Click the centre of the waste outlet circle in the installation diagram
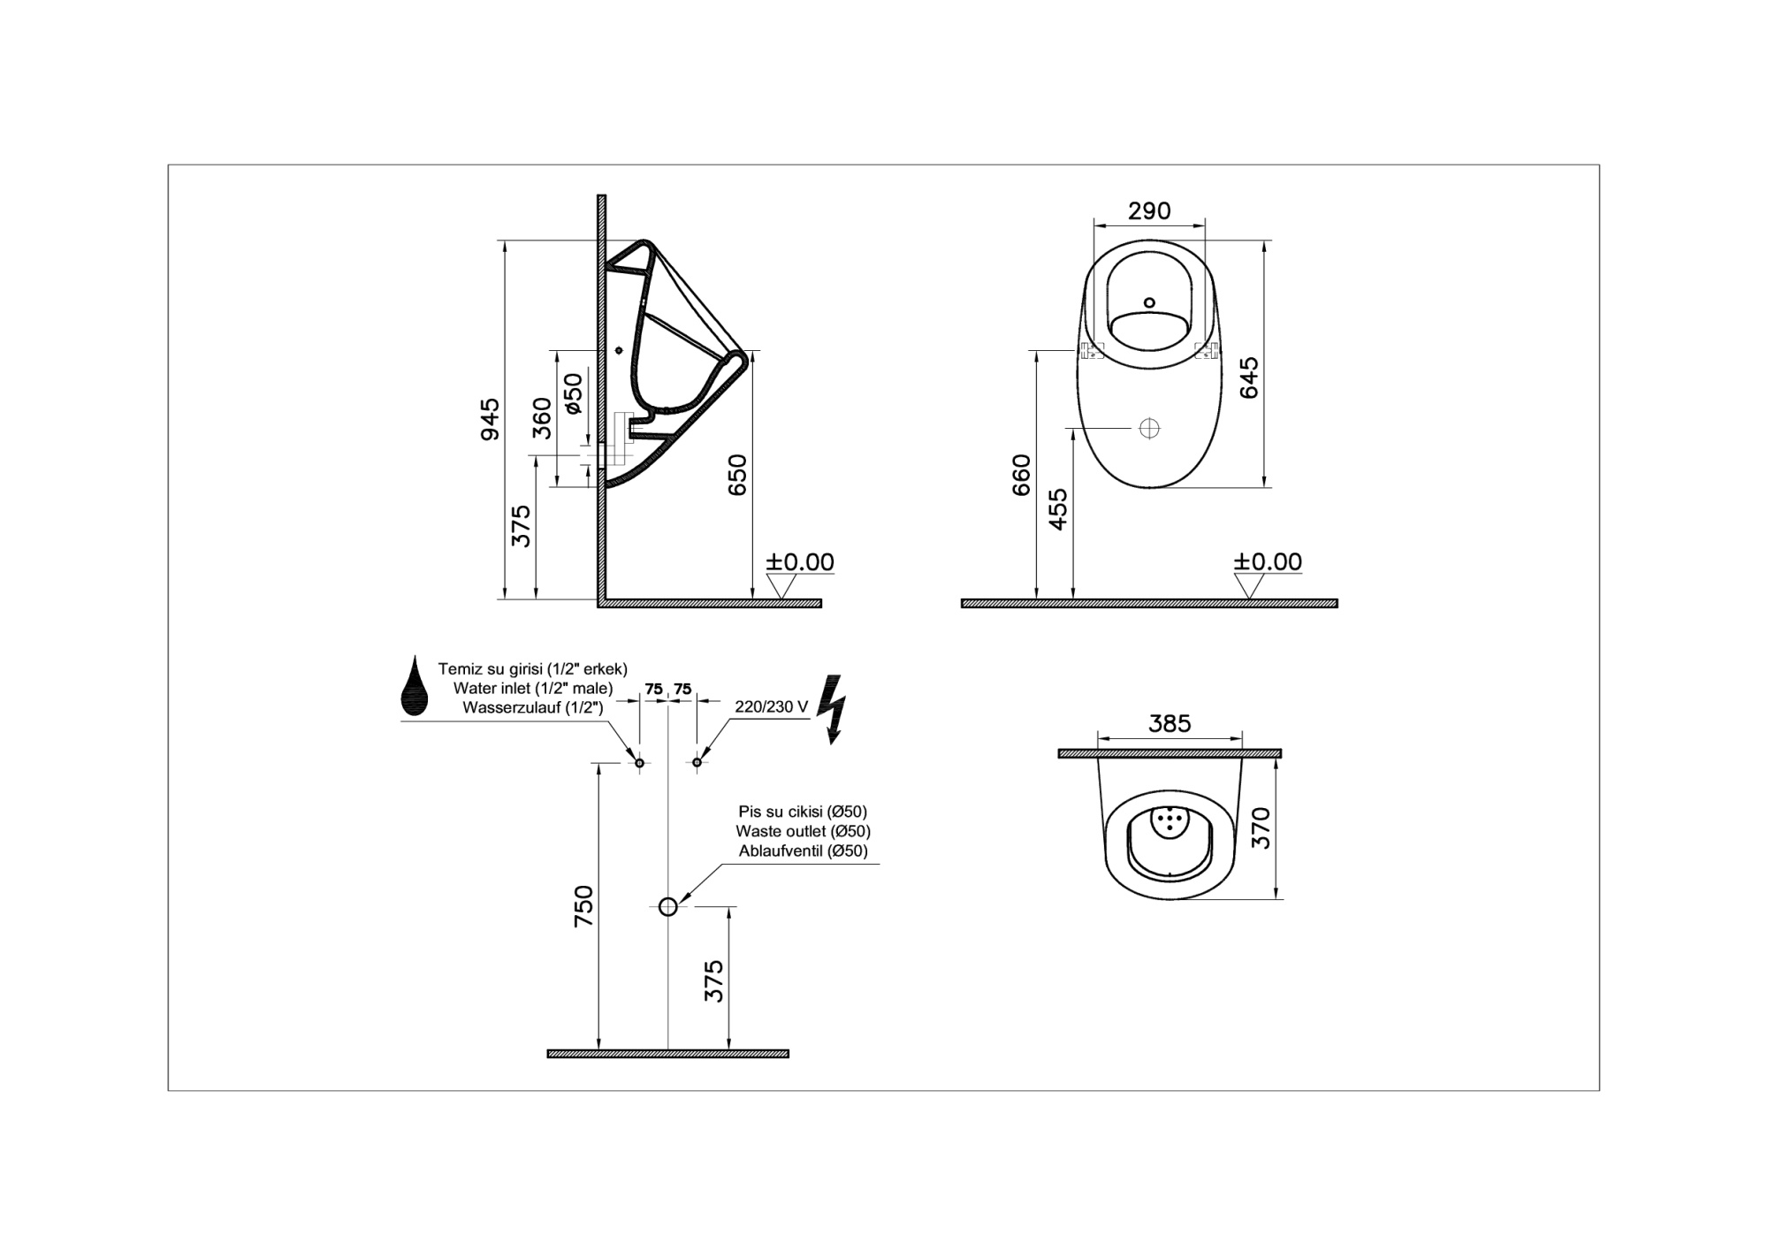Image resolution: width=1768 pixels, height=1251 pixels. tap(667, 906)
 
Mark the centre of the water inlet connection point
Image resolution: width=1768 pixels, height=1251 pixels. tap(639, 762)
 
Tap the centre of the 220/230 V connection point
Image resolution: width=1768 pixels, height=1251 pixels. tap(697, 762)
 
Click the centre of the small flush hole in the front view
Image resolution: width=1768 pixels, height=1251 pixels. tap(1149, 302)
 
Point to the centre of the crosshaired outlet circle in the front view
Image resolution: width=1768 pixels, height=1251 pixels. tap(1149, 428)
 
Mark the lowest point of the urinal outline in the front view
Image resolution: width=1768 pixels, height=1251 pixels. tap(1149, 488)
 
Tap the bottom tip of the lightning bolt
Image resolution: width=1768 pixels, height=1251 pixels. tap(831, 744)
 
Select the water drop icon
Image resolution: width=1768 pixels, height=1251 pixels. tap(415, 685)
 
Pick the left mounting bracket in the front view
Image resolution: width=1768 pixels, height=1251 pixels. tap(1094, 351)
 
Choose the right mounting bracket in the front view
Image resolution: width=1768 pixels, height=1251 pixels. tap(1206, 351)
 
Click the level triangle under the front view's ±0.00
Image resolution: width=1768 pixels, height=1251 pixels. tap(1248, 586)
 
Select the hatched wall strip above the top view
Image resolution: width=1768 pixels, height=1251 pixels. tap(1170, 754)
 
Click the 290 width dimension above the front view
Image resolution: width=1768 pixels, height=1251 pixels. tap(1149, 211)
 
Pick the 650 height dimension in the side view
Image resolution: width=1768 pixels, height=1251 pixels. tap(737, 475)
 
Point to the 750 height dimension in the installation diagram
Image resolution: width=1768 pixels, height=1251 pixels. tap(584, 906)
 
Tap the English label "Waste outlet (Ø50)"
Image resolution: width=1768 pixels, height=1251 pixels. tap(803, 831)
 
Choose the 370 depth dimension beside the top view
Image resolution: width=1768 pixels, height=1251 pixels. tap(1261, 828)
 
